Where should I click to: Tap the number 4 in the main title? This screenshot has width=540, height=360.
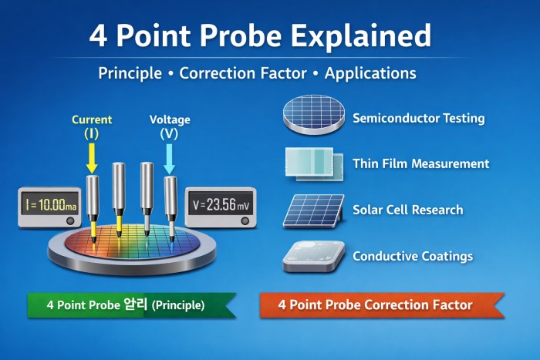click(x=100, y=35)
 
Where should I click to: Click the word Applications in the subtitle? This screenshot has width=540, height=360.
click(x=370, y=73)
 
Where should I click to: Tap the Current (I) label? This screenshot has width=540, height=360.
click(x=92, y=126)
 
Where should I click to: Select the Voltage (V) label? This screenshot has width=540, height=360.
click(x=170, y=126)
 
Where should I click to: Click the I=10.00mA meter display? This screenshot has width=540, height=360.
click(x=48, y=205)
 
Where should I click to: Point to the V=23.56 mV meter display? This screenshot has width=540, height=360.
click(x=219, y=205)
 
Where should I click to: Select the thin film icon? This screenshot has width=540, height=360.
click(x=309, y=163)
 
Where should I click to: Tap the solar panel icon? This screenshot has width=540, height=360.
click(x=312, y=210)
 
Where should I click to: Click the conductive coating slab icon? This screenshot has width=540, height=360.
click(x=312, y=256)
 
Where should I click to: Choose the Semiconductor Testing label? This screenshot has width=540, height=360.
click(x=418, y=118)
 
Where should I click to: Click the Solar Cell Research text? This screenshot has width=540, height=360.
click(x=407, y=210)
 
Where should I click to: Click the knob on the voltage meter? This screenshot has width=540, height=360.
click(x=245, y=220)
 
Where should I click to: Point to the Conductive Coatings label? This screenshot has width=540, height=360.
click(x=412, y=256)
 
